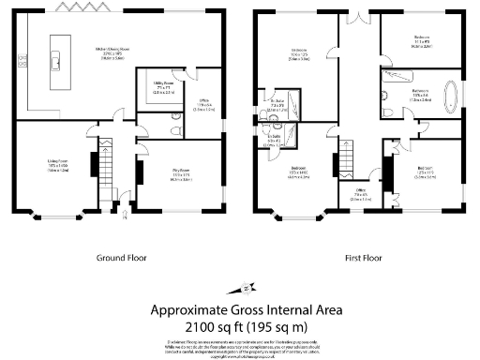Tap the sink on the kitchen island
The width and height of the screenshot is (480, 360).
[57, 63]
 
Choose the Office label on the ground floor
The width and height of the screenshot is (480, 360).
[202, 104]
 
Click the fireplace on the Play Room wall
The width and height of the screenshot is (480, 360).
[139, 172]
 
